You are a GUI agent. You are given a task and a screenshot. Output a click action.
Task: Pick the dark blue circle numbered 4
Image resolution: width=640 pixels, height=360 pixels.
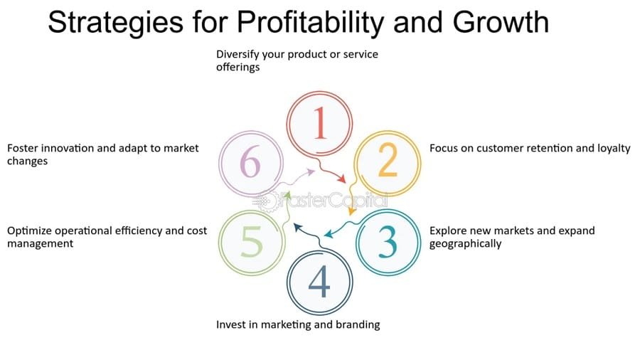tap(319, 282)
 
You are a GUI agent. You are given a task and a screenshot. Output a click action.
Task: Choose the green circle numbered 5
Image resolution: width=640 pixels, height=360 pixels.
tap(251, 243)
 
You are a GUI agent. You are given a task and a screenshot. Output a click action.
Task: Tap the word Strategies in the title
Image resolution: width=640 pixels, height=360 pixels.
tap(103, 23)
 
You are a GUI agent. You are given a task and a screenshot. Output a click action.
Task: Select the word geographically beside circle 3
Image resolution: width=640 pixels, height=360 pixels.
tap(465, 243)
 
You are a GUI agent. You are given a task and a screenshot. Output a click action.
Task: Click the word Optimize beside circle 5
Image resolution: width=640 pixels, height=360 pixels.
tap(31, 231)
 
